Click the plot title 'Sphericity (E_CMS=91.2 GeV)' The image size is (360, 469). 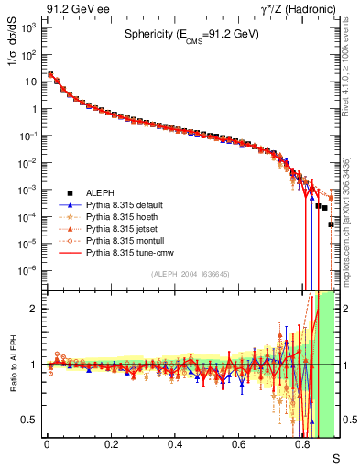(192, 37)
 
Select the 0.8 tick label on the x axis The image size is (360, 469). (303, 444)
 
